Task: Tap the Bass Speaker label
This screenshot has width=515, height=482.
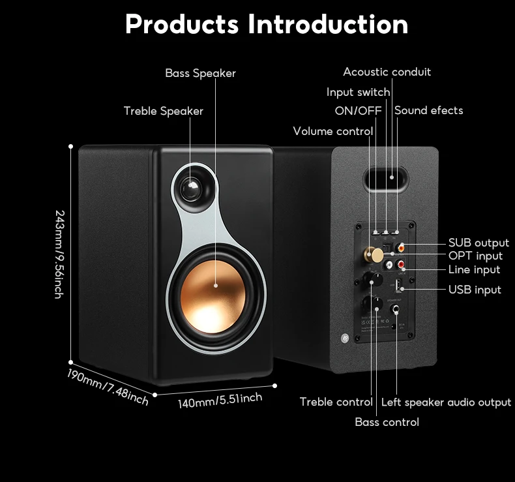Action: coord(200,73)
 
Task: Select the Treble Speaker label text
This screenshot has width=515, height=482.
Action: coord(163,111)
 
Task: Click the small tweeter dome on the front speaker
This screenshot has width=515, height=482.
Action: coord(192,188)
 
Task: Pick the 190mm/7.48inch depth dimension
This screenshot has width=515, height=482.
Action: coord(108,386)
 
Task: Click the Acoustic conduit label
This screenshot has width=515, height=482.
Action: coord(387,72)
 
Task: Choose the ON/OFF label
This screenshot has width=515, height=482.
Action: coord(358,111)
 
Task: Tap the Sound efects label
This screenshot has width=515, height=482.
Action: coord(428,111)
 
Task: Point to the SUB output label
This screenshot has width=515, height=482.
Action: coord(478,243)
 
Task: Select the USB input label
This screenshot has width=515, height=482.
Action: coord(475,290)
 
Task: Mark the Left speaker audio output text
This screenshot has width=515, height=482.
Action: coord(446,402)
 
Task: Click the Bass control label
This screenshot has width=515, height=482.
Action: coord(387,422)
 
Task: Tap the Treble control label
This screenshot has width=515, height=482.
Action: coord(336,402)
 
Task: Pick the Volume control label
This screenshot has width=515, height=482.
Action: coord(332,131)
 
